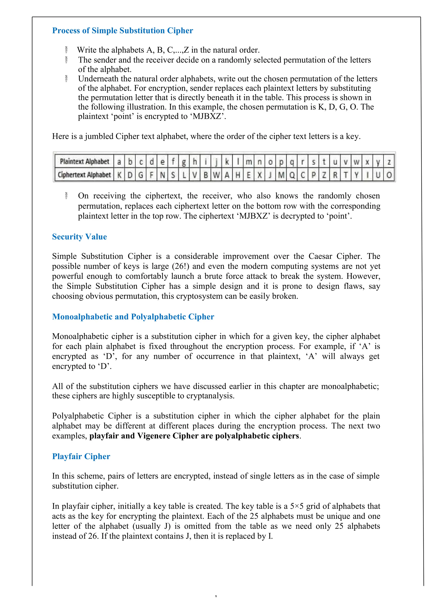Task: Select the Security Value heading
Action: [79, 237]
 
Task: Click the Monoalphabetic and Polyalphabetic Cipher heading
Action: [133, 316]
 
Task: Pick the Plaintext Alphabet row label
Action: [84, 161]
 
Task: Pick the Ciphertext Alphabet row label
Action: [84, 175]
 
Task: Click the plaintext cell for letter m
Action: [249, 161]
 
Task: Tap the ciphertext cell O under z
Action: [389, 175]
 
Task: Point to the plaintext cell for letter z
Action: [389, 161]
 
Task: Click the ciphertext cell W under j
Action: [216, 175]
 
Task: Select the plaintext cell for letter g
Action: [184, 161]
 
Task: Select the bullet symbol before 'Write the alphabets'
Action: [66, 50]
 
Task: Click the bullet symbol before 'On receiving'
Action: [66, 196]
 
